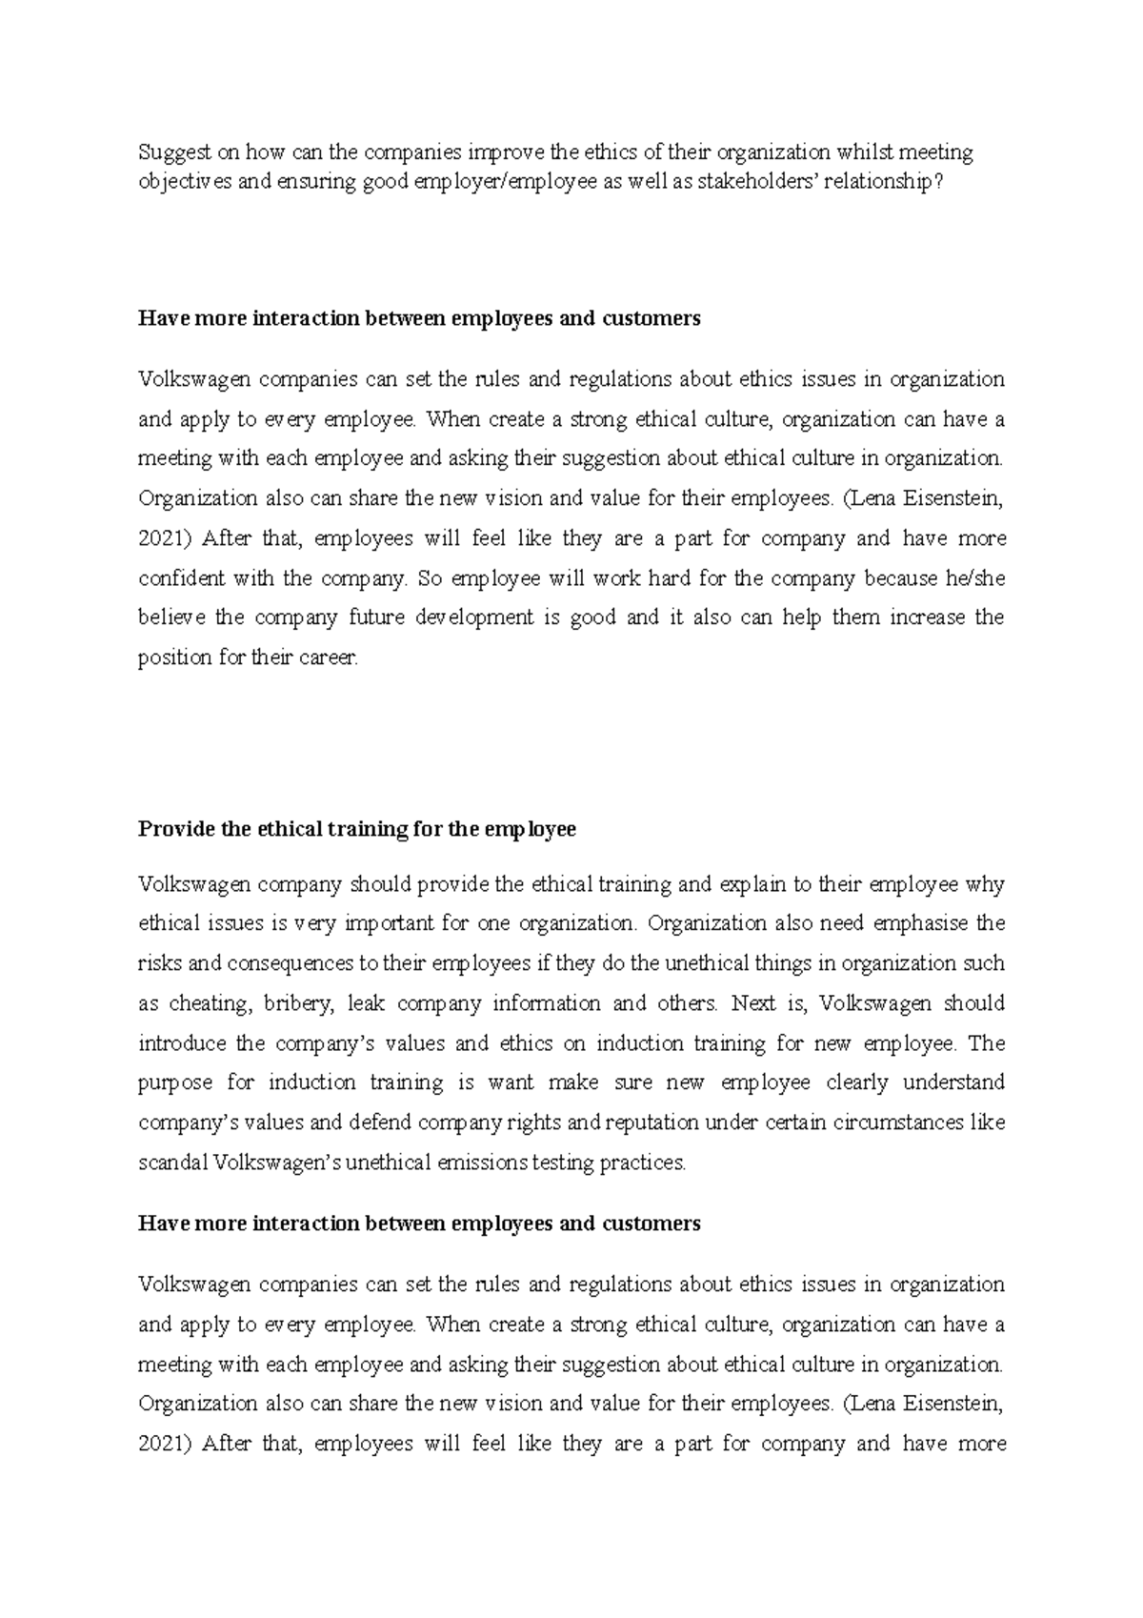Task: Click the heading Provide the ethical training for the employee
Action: click(357, 829)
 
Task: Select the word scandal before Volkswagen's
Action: click(173, 1163)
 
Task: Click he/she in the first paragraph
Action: click(975, 578)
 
